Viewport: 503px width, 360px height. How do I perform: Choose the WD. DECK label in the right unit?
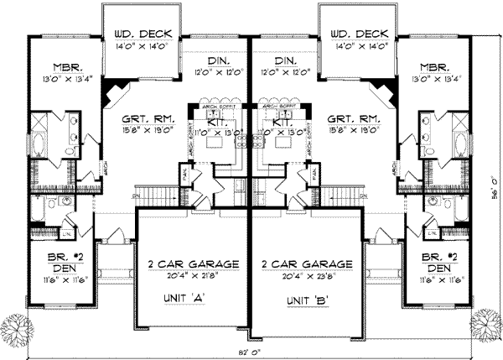[360, 34]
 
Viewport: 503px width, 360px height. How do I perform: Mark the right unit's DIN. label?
[284, 62]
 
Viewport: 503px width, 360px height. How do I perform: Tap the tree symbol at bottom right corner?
[485, 321]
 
